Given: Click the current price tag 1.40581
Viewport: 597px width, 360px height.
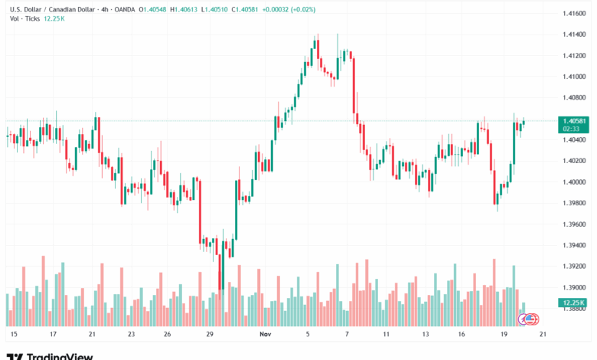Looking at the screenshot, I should pyautogui.click(x=573, y=121).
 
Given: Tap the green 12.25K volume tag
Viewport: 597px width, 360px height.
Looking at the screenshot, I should pyautogui.click(x=573, y=303).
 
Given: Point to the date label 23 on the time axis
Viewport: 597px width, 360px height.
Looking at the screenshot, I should pyautogui.click(x=131, y=335).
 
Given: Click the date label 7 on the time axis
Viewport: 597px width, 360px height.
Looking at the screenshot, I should pyautogui.click(x=347, y=335).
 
